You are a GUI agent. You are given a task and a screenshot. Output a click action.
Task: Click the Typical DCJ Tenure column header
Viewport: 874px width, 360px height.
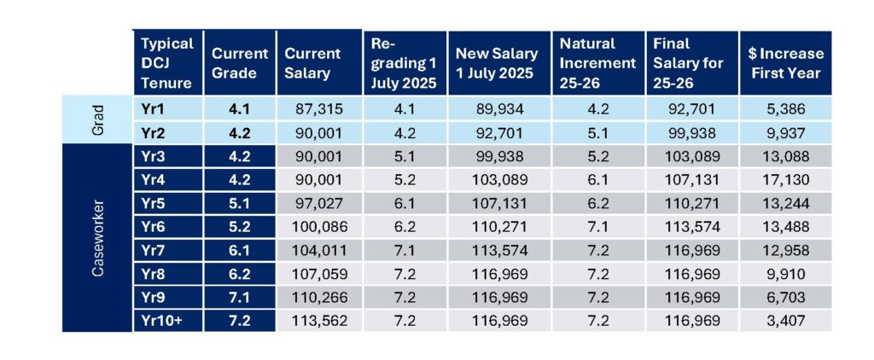(167, 62)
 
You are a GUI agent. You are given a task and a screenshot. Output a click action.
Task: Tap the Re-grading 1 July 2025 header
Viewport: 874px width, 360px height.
(403, 62)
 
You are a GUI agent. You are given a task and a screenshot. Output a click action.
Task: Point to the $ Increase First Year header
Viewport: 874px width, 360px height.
(787, 62)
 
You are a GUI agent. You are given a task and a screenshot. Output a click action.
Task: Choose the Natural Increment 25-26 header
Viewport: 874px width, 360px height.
(597, 62)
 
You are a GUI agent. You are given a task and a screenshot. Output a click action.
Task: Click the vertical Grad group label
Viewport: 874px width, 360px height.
(97, 119)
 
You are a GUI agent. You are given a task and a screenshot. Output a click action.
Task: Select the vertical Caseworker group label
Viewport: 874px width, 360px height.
(97, 237)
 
